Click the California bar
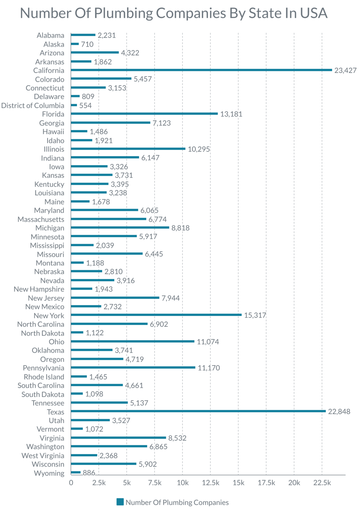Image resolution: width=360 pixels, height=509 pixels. pyautogui.click(x=201, y=70)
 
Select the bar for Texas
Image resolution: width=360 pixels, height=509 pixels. pyautogui.click(x=198, y=411)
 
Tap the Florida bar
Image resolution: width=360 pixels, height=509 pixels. pyautogui.click(x=144, y=114)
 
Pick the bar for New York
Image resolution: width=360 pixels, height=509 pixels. pyautogui.click(x=156, y=315)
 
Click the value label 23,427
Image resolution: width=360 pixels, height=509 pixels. pyautogui.click(x=345, y=71)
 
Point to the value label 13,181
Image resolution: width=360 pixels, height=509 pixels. pyautogui.click(x=231, y=114)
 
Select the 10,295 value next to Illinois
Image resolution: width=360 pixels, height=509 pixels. pyautogui.click(x=198, y=149)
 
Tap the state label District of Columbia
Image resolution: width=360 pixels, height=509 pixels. pyautogui.click(x=33, y=106)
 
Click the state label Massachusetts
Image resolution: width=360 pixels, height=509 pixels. pyautogui.click(x=41, y=220)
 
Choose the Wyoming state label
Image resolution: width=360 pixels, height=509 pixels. pyautogui.click(x=49, y=473)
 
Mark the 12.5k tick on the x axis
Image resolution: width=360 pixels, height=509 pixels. pyautogui.click(x=210, y=483)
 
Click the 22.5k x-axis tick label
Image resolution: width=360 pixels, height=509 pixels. pyautogui.click(x=322, y=483)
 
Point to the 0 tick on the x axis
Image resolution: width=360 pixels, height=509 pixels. pyautogui.click(x=71, y=483)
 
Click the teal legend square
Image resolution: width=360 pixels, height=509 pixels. pyautogui.click(x=120, y=502)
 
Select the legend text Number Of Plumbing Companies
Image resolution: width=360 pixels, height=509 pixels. pyautogui.click(x=177, y=503)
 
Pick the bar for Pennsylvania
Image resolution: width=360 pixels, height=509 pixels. pyautogui.click(x=133, y=367)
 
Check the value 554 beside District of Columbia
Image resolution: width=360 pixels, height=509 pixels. pyautogui.click(x=86, y=106)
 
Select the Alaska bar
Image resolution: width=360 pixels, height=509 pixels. pyautogui.click(x=75, y=44)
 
